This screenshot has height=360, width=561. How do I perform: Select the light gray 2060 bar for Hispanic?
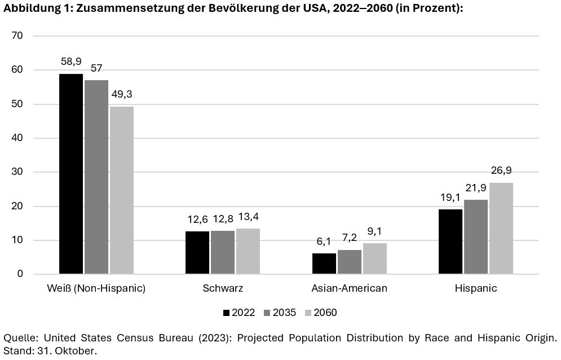[x=501, y=229]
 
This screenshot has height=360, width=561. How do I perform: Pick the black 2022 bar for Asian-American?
[x=324, y=264]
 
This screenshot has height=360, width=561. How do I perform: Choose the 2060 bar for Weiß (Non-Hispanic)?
[x=122, y=190]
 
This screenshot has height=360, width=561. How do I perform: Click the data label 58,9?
[x=71, y=62]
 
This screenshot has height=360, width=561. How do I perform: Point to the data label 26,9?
[x=501, y=171]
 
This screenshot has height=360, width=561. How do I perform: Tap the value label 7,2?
[x=349, y=238]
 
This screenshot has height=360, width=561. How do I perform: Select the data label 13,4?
[x=248, y=217]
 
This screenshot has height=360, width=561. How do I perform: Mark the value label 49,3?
[x=122, y=94]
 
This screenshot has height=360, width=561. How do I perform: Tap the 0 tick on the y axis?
[x=20, y=274]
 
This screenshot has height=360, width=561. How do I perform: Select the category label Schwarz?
[x=223, y=289]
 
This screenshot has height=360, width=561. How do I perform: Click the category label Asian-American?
[x=349, y=289]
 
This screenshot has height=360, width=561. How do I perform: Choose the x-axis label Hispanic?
[x=476, y=289]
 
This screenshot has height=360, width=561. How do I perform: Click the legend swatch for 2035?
[x=267, y=313]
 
